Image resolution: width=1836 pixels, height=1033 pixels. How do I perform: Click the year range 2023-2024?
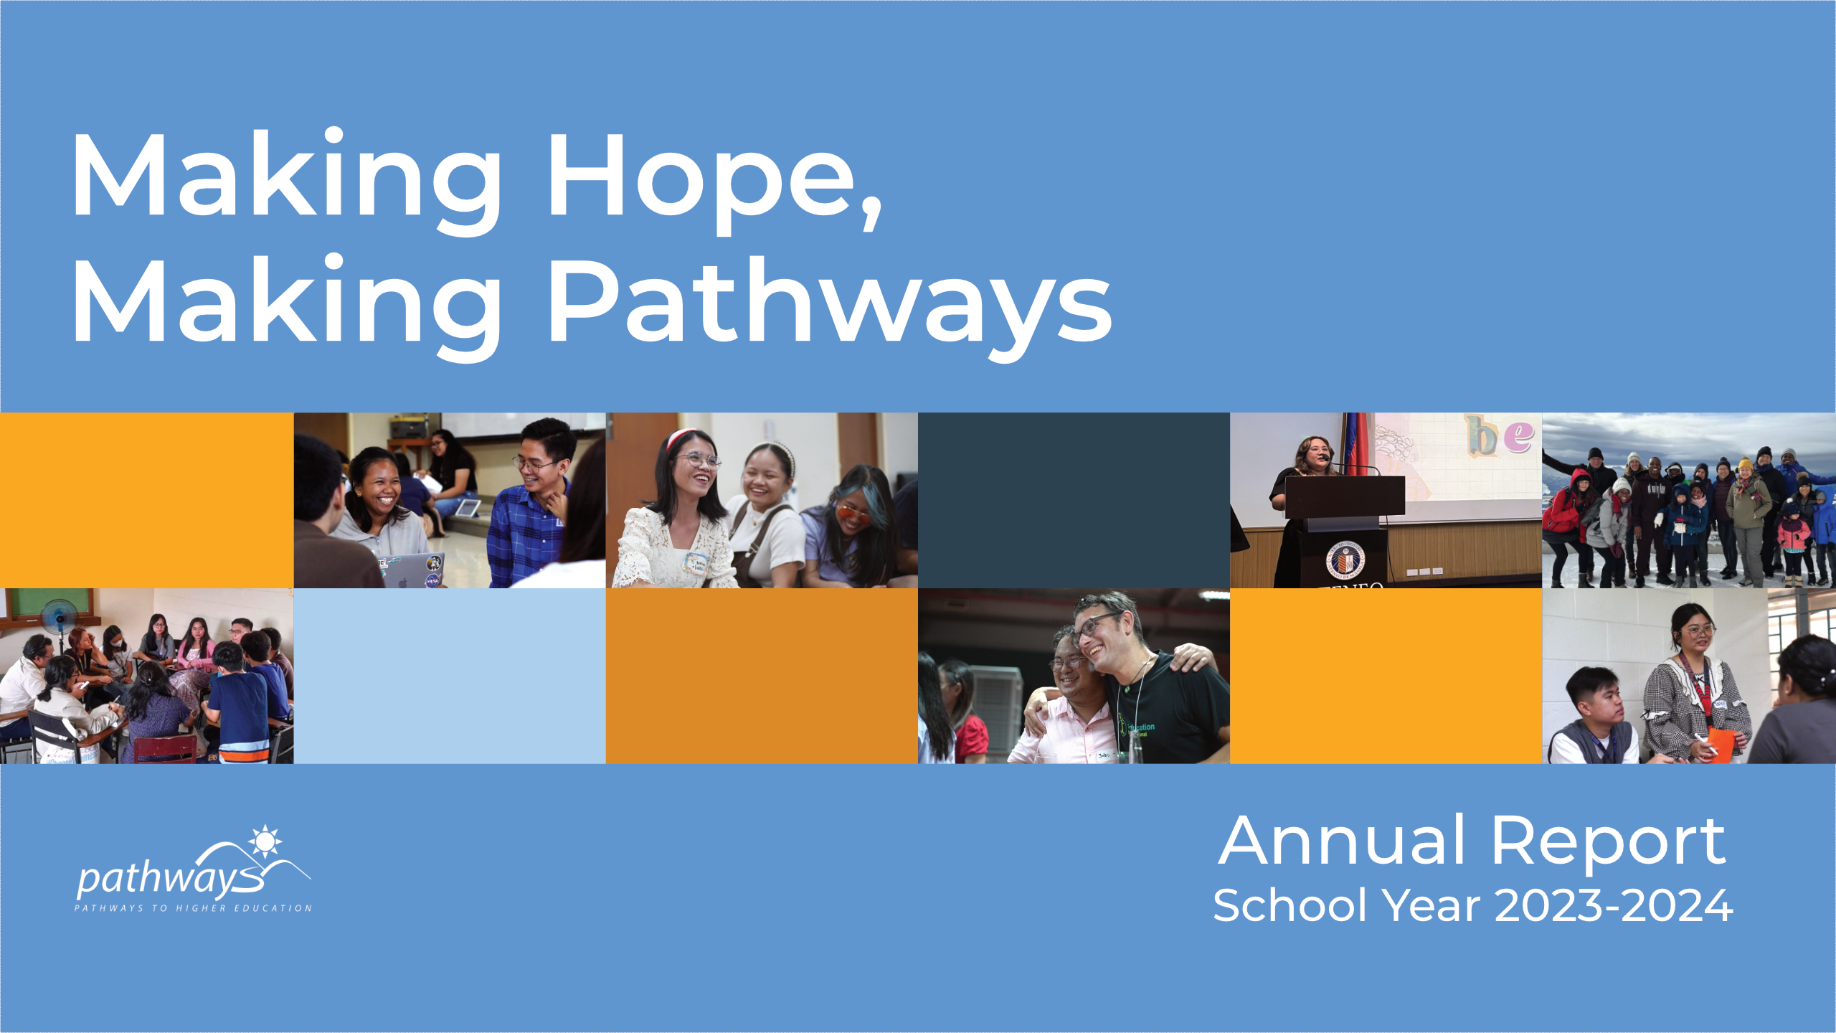pyautogui.click(x=1614, y=906)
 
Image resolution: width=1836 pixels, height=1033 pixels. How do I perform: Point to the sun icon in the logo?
pyautogui.click(x=265, y=841)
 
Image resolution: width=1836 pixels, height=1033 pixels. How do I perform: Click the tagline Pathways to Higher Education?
pyautogui.click(x=193, y=908)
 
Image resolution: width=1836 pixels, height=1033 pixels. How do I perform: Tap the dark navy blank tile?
pyautogui.click(x=1074, y=500)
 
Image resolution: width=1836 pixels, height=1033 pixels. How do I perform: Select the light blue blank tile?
pyautogui.click(x=450, y=676)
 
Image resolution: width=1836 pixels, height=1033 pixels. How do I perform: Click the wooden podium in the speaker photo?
pyautogui.click(x=1344, y=502)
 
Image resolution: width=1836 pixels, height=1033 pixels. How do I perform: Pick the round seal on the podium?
pyautogui.click(x=1345, y=560)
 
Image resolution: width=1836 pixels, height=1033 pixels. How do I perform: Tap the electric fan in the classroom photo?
pyautogui.click(x=59, y=617)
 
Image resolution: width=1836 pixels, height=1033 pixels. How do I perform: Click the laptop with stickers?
pyautogui.click(x=412, y=570)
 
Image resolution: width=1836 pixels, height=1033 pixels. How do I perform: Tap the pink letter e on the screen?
pyautogui.click(x=1519, y=435)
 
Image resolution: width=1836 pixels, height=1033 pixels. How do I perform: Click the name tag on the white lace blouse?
pyautogui.click(x=696, y=563)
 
